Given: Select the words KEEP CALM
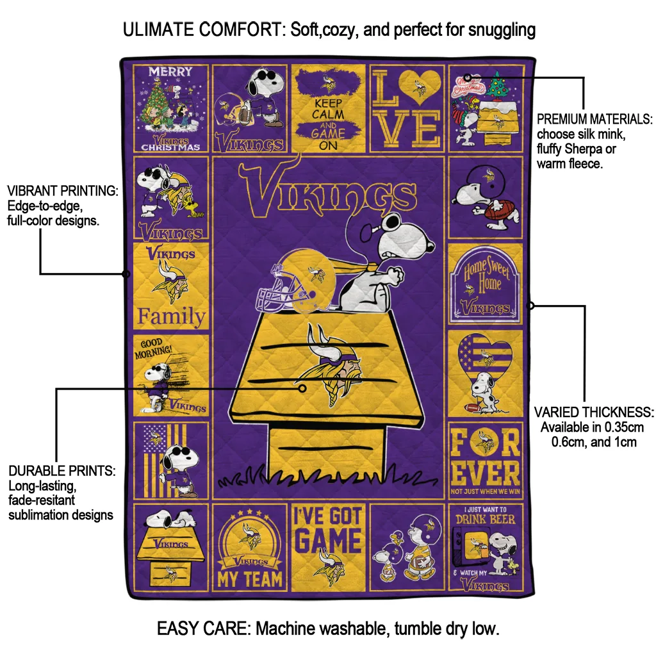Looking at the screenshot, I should (328, 108).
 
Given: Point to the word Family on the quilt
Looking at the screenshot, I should (172, 316).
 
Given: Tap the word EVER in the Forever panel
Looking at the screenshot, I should (485, 473).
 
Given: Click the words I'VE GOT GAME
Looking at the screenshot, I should (328, 530).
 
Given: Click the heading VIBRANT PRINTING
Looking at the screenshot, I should (62, 191).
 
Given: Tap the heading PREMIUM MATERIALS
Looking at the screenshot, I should (594, 119).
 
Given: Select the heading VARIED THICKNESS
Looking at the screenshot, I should (594, 412).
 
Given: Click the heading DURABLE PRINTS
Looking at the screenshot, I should (62, 471).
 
